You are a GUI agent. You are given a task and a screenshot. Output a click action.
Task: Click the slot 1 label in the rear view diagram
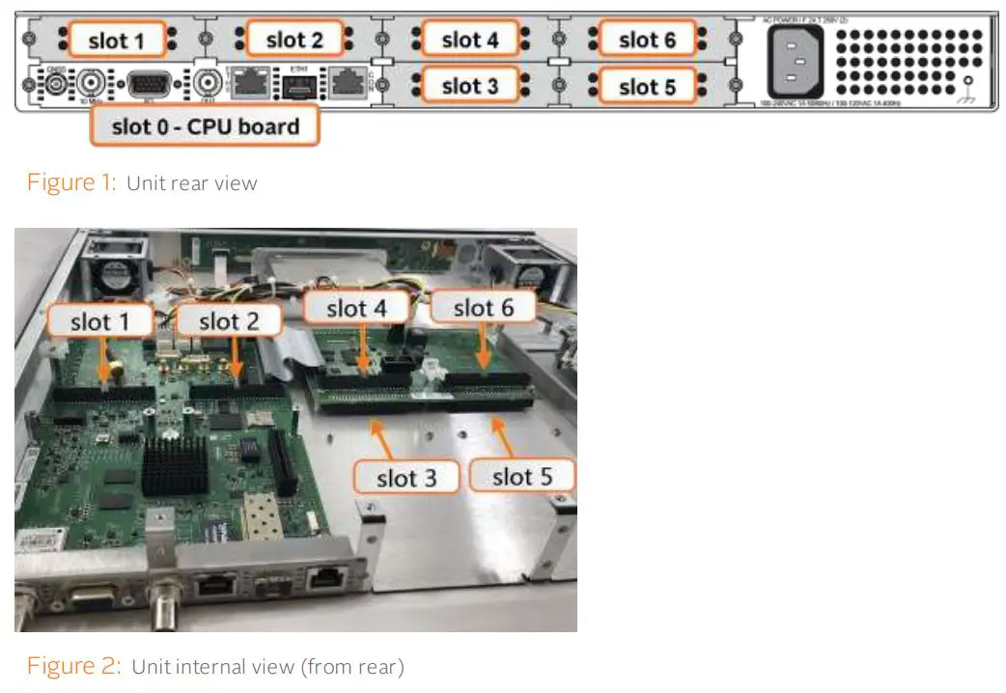click(x=116, y=40)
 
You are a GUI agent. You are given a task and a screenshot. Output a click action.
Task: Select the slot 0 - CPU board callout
click(x=204, y=126)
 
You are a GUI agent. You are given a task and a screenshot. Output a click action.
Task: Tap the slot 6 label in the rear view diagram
click(x=647, y=40)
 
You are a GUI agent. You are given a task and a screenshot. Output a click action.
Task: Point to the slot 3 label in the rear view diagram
click(x=470, y=86)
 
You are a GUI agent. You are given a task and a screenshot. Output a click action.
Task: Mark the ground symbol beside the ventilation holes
click(x=966, y=95)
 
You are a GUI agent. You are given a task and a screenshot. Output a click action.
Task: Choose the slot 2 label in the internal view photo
click(x=229, y=321)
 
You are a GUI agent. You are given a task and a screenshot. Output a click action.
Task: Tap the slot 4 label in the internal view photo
click(x=358, y=309)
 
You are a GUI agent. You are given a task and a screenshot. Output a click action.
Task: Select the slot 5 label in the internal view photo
click(x=521, y=477)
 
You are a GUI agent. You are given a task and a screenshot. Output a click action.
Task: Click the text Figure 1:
click(x=70, y=182)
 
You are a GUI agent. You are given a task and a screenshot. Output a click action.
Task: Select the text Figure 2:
click(x=72, y=666)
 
